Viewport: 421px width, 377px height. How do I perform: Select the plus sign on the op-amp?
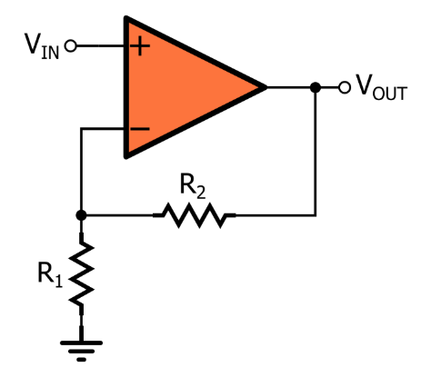click(x=139, y=45)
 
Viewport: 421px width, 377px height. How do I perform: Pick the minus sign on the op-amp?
click(x=139, y=129)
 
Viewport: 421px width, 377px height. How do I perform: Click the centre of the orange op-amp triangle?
click(x=182, y=87)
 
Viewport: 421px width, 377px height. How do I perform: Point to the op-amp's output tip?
click(x=265, y=87)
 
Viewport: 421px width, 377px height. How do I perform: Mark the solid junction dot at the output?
click(x=315, y=87)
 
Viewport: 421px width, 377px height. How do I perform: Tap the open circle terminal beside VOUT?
click(x=344, y=87)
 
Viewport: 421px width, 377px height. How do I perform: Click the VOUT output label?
click(x=381, y=89)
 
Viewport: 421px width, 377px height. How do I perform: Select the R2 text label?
click(x=193, y=187)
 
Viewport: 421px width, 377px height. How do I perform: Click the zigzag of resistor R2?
click(x=194, y=215)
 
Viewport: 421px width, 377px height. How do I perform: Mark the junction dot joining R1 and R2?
click(x=82, y=215)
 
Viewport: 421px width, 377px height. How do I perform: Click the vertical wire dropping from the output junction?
click(x=315, y=154)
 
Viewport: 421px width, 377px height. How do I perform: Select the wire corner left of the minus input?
click(x=82, y=129)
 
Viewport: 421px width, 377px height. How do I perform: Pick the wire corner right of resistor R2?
click(x=315, y=215)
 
